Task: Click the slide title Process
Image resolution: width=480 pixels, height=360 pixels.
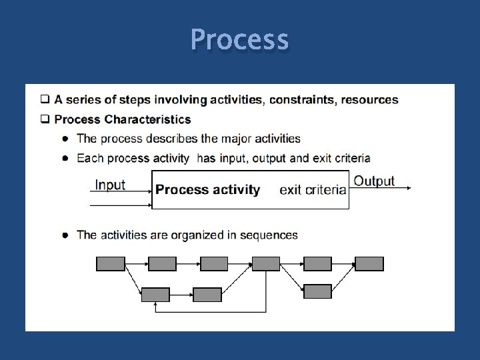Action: click(x=239, y=39)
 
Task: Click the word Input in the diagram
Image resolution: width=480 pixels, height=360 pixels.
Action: click(x=110, y=185)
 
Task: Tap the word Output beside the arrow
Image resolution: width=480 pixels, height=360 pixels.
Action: click(x=374, y=181)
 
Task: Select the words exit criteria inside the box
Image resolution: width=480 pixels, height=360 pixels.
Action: click(x=313, y=190)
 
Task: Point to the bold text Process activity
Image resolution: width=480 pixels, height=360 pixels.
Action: click(x=207, y=190)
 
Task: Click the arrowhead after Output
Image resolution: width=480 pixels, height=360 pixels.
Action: click(x=408, y=188)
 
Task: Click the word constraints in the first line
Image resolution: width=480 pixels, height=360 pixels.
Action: click(x=301, y=100)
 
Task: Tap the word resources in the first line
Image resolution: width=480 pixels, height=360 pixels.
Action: click(x=370, y=100)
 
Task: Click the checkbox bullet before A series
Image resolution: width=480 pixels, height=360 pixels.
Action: click(x=45, y=100)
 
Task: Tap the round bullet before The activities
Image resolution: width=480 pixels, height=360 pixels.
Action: click(x=65, y=235)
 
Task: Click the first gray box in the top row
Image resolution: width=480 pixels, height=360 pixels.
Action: click(x=111, y=264)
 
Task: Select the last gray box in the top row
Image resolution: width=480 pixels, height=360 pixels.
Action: click(x=369, y=264)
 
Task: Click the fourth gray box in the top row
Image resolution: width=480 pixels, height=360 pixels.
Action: click(x=266, y=264)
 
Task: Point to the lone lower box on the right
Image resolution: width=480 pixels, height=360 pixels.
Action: click(x=317, y=291)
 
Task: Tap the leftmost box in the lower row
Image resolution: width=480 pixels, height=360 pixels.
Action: click(x=155, y=295)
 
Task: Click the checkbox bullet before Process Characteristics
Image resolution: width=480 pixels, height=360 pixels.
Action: click(x=45, y=120)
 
